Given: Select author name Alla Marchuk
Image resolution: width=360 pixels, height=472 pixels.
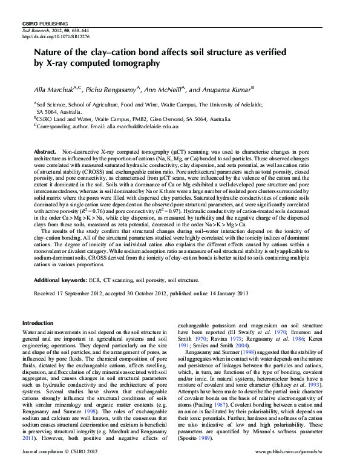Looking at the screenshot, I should (x=53, y=90).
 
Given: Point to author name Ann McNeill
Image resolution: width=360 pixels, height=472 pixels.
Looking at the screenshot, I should (x=164, y=90).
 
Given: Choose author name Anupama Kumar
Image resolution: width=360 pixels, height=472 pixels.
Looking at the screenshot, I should (x=224, y=90).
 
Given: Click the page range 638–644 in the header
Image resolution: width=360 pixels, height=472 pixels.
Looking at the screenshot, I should (x=79, y=30).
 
